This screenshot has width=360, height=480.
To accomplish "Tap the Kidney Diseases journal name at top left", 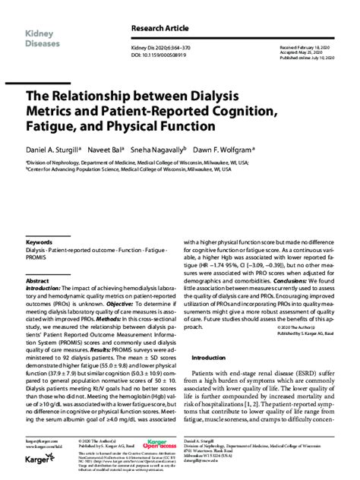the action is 39,37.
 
